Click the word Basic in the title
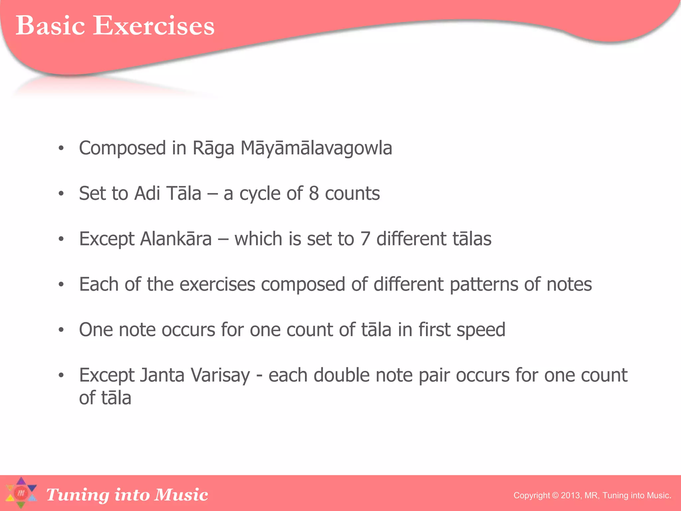[50, 26]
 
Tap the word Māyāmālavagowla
[316, 148]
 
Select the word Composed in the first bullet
[122, 149]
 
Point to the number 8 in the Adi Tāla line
[314, 193]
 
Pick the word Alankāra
[176, 239]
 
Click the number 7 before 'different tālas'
[365, 239]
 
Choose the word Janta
[162, 375]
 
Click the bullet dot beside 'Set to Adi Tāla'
[61, 194]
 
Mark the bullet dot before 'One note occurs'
[61, 330]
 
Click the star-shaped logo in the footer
[21, 493]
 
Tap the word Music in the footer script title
[181, 495]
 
